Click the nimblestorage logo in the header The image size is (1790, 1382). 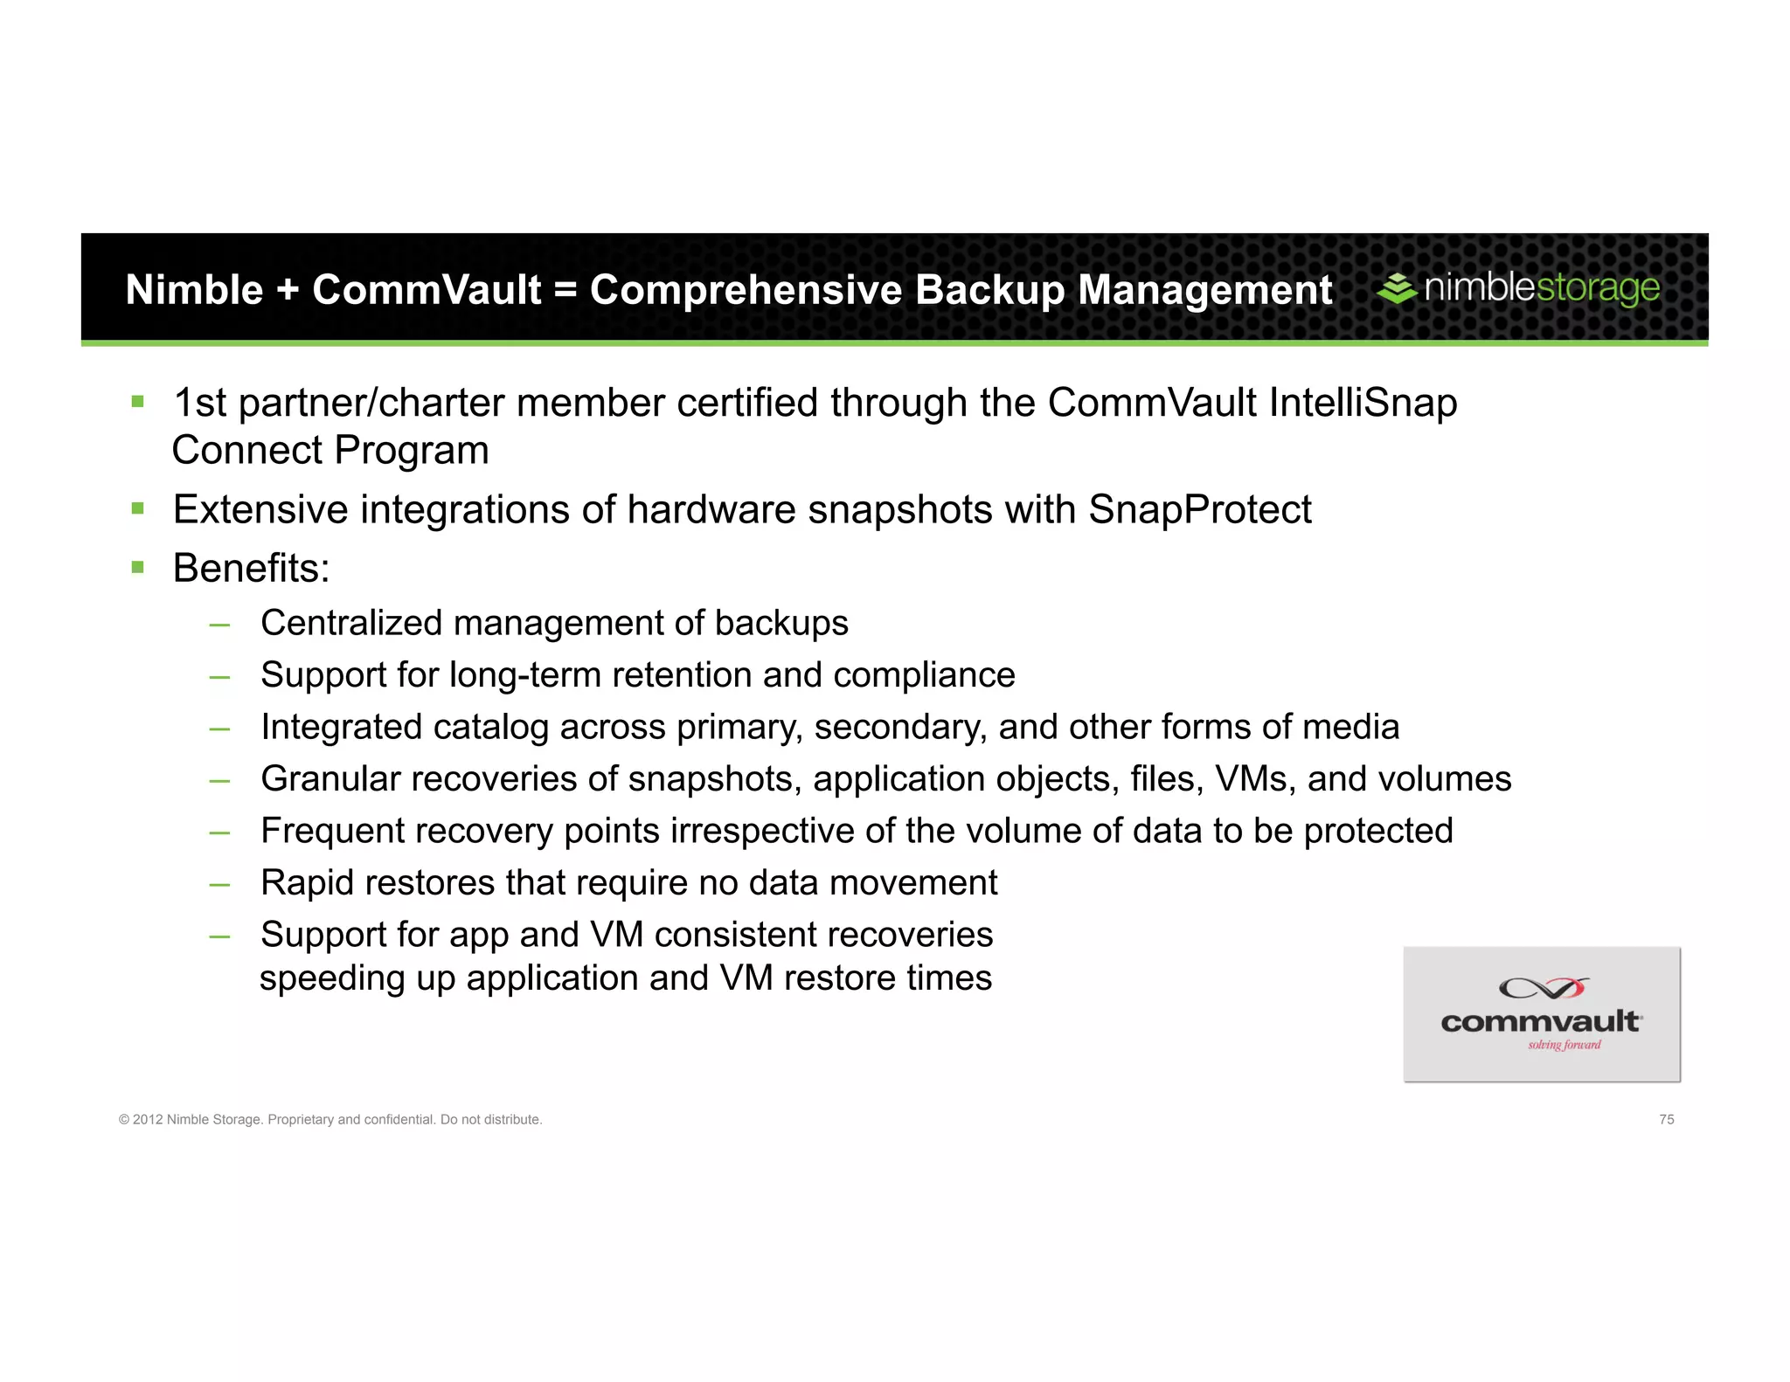pyautogui.click(x=1519, y=288)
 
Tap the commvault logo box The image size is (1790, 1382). pyautogui.click(x=1541, y=1014)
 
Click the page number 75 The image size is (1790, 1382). pyautogui.click(x=1666, y=1119)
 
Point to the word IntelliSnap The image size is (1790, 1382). pyautogui.click(x=1363, y=404)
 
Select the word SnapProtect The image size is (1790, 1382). pyautogui.click(x=1199, y=510)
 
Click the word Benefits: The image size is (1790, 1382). pyautogui.click(x=251, y=569)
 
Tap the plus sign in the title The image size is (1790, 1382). pyautogui.click(x=288, y=291)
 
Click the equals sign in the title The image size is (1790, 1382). pyautogui.click(x=565, y=291)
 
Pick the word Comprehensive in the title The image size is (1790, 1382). pyautogui.click(x=745, y=291)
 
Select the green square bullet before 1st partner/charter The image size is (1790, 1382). pyautogui.click(x=137, y=402)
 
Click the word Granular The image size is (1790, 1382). pyautogui.click(x=330, y=779)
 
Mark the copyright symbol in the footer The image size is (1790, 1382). pyautogui.click(x=124, y=1120)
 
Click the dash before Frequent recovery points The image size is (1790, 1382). pyautogui.click(x=219, y=832)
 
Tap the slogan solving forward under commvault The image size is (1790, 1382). pyautogui.click(x=1564, y=1045)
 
